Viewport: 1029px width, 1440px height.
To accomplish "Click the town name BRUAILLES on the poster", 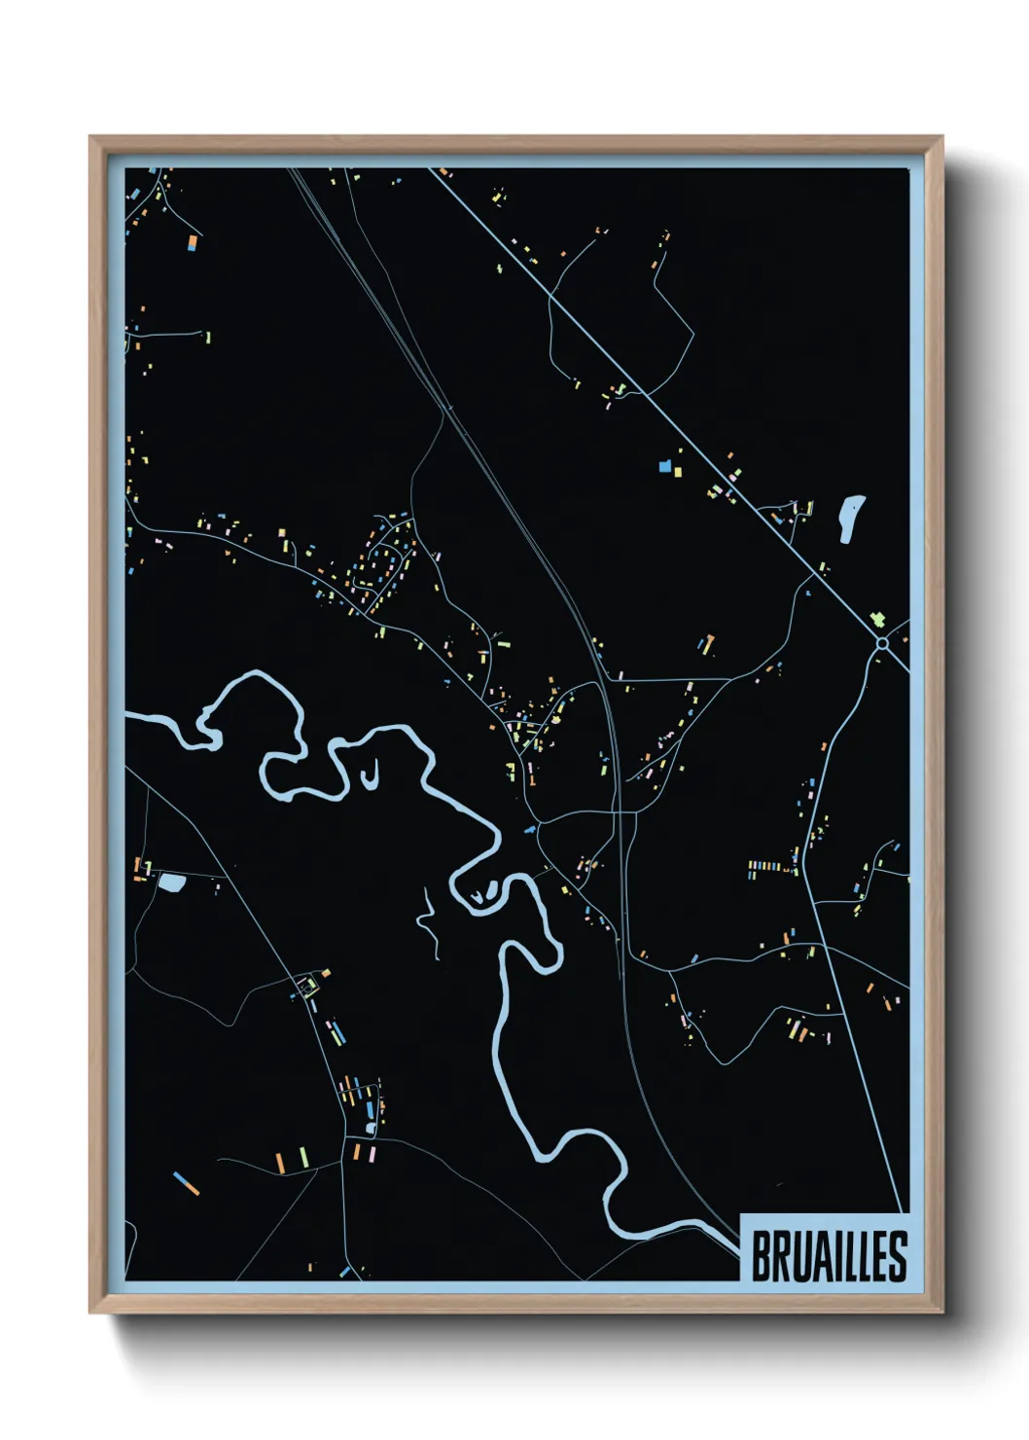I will point(829,1256).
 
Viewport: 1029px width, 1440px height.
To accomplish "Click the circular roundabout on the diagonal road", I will point(881,643).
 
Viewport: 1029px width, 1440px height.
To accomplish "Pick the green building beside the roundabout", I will point(877,620).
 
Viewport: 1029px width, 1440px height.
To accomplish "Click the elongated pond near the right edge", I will point(851,518).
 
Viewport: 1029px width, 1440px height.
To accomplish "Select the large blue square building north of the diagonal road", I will point(665,467).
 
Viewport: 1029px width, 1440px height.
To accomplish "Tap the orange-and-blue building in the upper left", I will point(193,241).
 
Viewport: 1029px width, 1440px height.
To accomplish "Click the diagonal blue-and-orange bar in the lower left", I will point(186,1183).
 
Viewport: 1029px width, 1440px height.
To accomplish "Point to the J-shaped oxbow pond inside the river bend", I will point(369,776).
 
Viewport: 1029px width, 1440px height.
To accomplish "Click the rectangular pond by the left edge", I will point(172,883).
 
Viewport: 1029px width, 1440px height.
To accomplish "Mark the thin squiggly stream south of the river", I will point(427,919).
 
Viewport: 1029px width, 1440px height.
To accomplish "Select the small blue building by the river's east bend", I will point(529,830).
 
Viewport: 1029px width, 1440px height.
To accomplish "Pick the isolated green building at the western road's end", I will point(207,338).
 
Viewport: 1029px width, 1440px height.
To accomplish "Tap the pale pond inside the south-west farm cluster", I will point(370,1128).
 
